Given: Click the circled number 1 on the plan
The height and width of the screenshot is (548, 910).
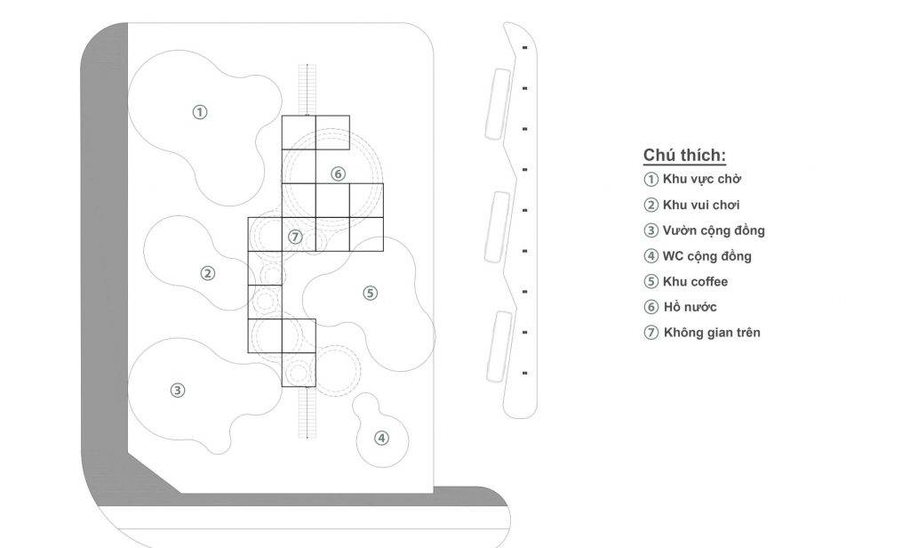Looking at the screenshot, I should pos(201,112).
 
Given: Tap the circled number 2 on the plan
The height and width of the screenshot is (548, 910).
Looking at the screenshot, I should pos(208,274).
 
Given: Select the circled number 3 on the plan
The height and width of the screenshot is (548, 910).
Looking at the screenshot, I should pos(178,390).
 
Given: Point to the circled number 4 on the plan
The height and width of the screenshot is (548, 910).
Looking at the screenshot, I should pos(381,438).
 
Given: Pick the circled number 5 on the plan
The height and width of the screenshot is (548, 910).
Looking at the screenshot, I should pos(371,293).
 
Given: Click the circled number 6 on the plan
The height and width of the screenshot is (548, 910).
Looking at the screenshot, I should pos(338,173).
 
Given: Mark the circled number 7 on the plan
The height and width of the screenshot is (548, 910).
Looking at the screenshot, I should pos(296,237).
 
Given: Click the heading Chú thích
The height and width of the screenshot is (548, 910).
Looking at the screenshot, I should pos(685,156).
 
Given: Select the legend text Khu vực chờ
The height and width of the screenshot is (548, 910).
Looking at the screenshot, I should pos(702,179).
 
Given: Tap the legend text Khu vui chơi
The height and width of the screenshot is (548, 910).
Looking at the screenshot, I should pos(701,205).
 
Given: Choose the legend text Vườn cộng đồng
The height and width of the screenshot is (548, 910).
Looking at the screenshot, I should pos(714,230).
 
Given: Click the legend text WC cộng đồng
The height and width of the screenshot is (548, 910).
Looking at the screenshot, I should pos(707,256).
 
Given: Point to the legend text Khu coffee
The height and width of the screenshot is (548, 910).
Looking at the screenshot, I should pos(695,282).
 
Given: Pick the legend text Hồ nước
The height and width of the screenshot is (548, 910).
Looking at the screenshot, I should pos(690,308).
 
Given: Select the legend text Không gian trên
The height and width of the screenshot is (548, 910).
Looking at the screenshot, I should pos(712,333).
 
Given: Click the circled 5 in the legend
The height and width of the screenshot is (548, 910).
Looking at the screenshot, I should pos(651,282).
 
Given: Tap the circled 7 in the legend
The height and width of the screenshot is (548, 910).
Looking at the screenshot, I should pos(651,333).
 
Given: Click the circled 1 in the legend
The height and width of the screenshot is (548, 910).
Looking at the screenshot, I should pos(651,179).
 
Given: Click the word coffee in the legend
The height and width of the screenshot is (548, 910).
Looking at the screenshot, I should pos(709,282).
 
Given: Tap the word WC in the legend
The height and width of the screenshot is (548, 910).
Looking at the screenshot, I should pos(674,256).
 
